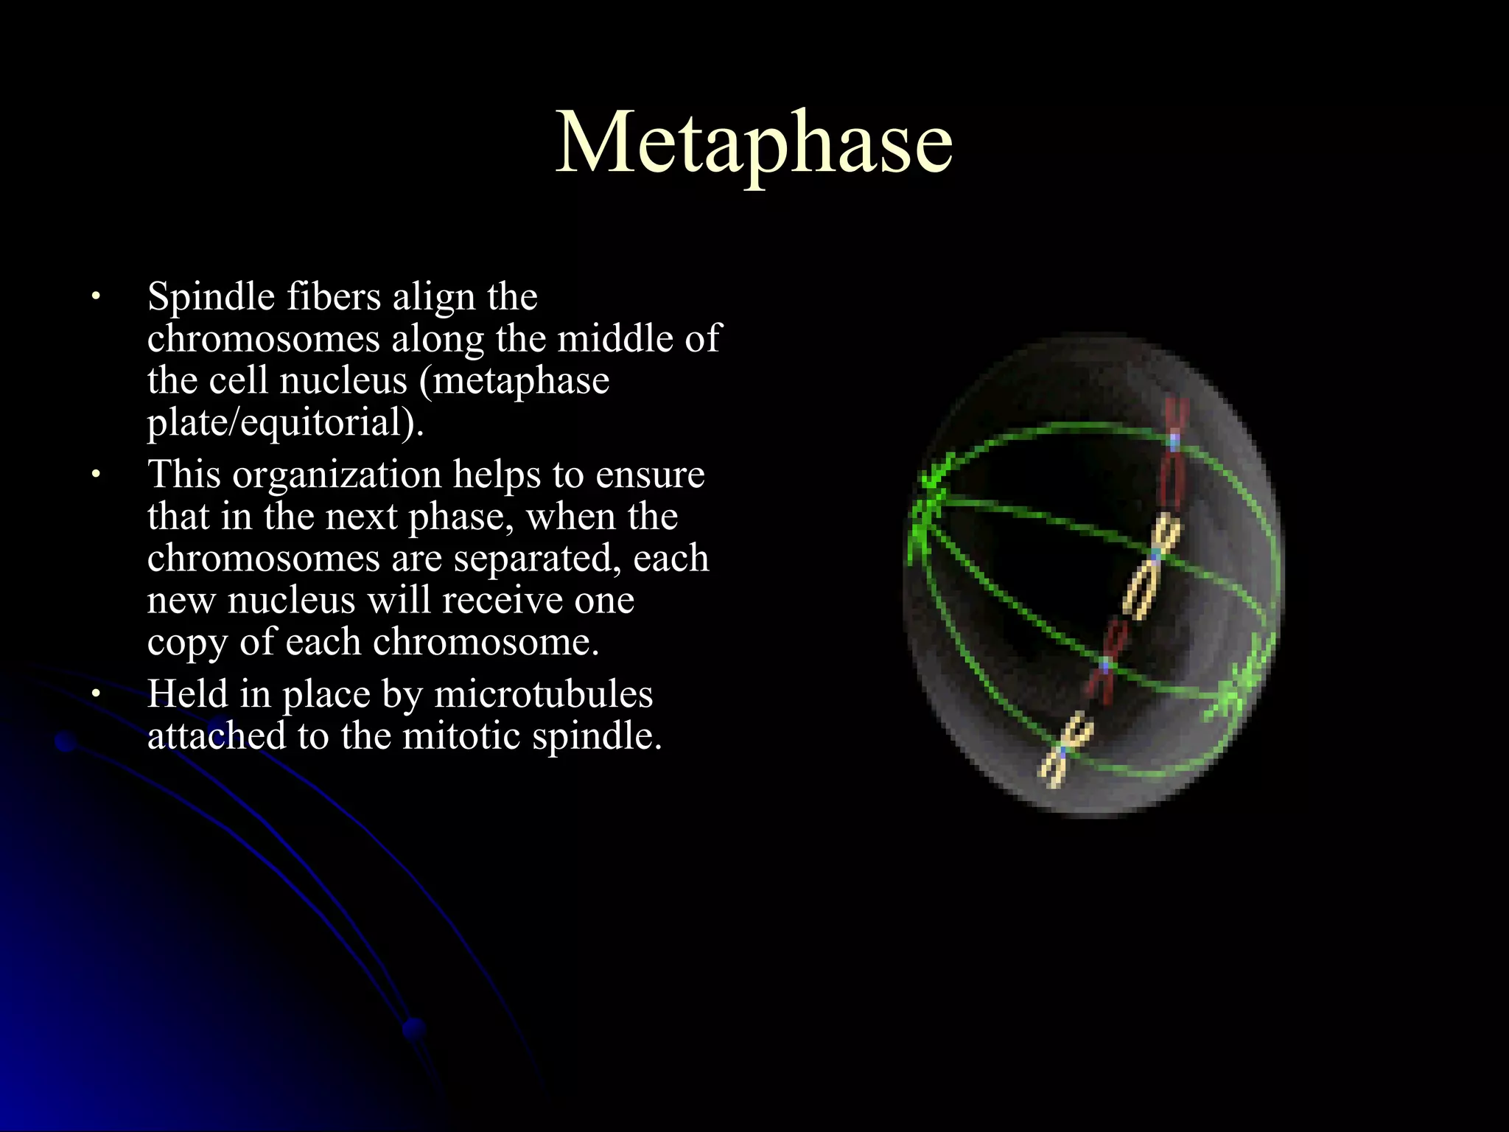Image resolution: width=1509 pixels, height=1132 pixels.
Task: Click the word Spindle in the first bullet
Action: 211,298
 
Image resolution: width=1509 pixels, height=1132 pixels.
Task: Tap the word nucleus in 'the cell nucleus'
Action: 343,381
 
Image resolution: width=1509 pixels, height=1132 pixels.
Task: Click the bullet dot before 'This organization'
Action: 94,475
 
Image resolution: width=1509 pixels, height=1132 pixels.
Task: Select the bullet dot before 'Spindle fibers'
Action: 94,298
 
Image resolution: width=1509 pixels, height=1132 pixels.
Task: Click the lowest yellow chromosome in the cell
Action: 1065,750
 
